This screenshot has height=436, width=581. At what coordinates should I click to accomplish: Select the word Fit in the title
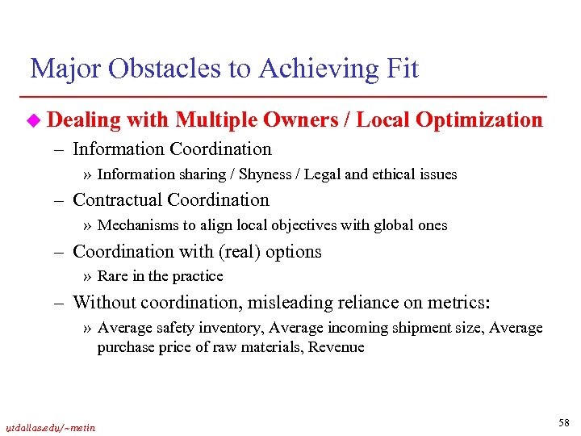(400, 69)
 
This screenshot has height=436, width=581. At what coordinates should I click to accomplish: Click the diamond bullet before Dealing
(34, 121)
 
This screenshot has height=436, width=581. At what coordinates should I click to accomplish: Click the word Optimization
(481, 120)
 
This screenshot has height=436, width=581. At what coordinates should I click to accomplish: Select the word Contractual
(122, 199)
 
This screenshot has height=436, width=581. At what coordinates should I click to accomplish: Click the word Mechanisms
(135, 225)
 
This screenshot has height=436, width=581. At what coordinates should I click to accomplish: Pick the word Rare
(112, 276)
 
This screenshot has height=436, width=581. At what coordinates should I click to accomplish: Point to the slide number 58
(563, 423)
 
